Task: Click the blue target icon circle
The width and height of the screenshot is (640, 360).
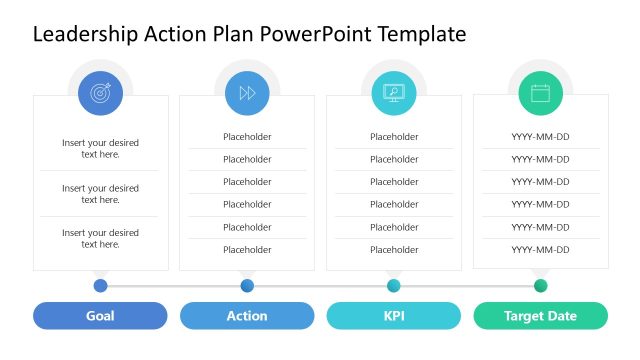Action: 100,93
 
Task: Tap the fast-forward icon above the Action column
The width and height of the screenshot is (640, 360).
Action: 247,93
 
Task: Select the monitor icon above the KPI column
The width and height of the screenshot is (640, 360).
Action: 393,93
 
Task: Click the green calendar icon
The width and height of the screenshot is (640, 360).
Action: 540,93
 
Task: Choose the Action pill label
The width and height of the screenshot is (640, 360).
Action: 247,316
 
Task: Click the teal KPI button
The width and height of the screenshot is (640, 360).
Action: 393,316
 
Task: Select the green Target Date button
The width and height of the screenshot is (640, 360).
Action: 540,316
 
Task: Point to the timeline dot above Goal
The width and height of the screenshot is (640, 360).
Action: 100,286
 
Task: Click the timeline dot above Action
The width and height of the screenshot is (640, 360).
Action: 247,286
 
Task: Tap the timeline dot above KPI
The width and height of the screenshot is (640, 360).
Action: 393,286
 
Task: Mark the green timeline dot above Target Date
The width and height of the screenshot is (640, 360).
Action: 540,286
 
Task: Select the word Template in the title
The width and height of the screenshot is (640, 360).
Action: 421,35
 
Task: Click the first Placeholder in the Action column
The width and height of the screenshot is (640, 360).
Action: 247,137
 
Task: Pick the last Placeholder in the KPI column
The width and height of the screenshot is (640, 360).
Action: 394,250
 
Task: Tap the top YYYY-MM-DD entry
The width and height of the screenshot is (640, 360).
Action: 540,137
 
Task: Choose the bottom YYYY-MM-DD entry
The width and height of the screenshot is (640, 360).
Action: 540,250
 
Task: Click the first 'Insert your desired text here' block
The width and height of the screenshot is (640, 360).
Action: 100,149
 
